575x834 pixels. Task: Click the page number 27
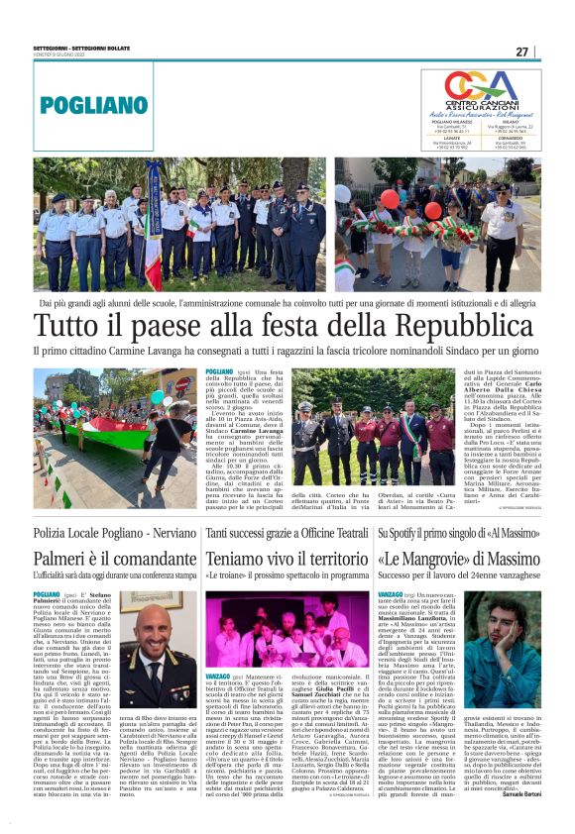coord(548,51)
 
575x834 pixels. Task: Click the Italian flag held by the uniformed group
coord(155,230)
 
